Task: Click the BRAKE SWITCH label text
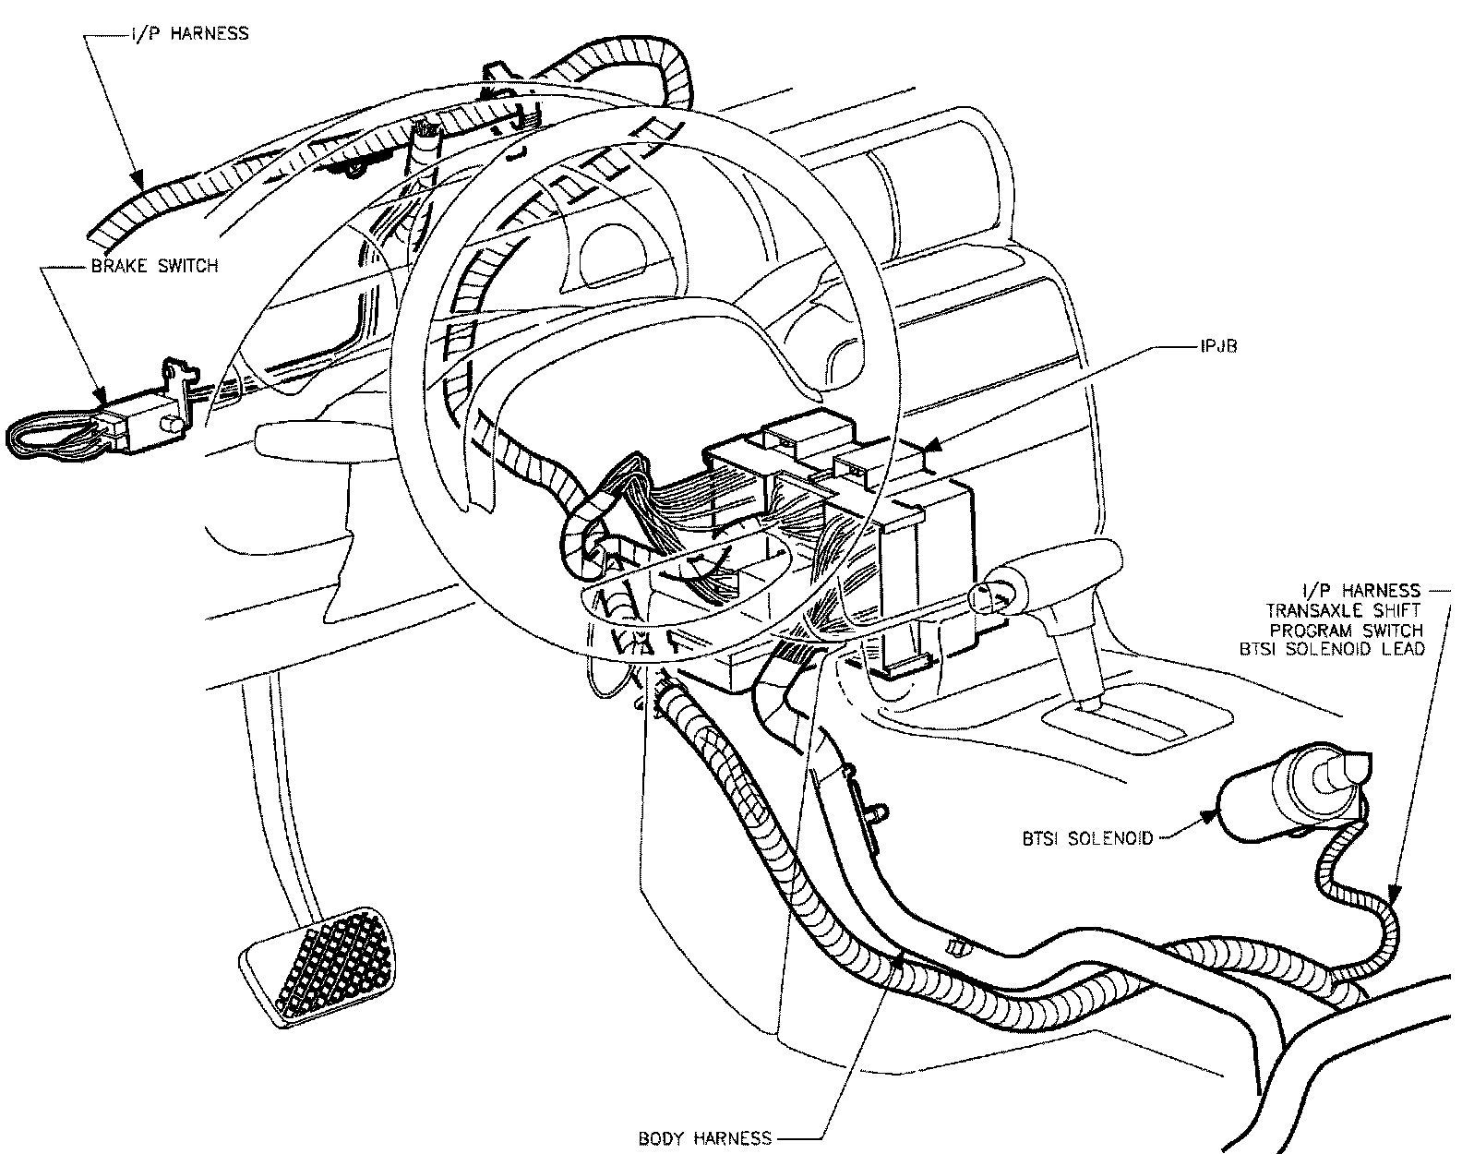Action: (154, 266)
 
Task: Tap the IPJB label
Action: (1219, 346)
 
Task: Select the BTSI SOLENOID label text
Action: (1087, 838)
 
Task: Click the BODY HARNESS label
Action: (705, 1137)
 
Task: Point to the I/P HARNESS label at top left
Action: (189, 33)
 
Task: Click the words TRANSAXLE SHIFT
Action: (1343, 609)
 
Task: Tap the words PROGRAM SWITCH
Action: (1347, 630)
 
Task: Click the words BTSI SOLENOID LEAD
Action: (1332, 649)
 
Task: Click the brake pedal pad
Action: (318, 966)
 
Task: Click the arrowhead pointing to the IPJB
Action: (935, 446)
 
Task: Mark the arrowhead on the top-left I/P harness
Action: (138, 179)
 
